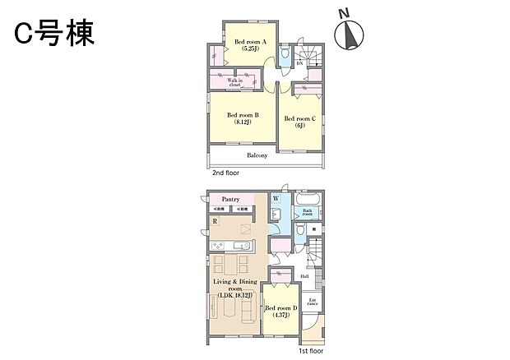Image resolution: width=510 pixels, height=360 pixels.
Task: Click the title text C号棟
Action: pyautogui.click(x=53, y=33)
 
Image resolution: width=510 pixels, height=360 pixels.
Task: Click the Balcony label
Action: pyautogui.click(x=257, y=155)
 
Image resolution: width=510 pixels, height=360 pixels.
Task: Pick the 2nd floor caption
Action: pyautogui.click(x=228, y=175)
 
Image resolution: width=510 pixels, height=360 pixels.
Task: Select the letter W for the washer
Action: pyautogui.click(x=276, y=199)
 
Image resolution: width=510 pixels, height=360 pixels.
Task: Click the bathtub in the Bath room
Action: pyautogui.click(x=308, y=200)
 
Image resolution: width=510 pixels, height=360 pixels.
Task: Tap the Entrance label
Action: pyautogui.click(x=313, y=302)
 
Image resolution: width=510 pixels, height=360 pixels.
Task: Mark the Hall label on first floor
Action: pyautogui.click(x=304, y=276)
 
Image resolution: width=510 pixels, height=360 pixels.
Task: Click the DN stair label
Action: pyautogui.click(x=299, y=63)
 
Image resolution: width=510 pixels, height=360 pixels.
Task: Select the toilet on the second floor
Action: pyautogui.click(x=284, y=56)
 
